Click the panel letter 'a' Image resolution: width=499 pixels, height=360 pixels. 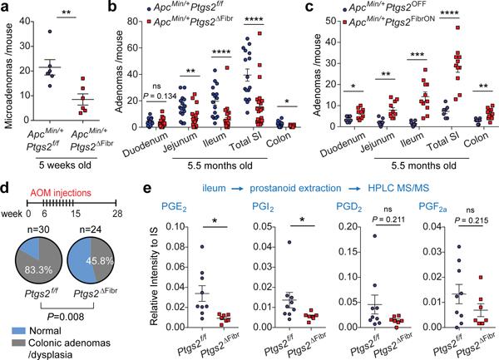tap(6, 7)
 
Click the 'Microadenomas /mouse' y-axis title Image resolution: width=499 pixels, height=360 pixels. tap(7, 63)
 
